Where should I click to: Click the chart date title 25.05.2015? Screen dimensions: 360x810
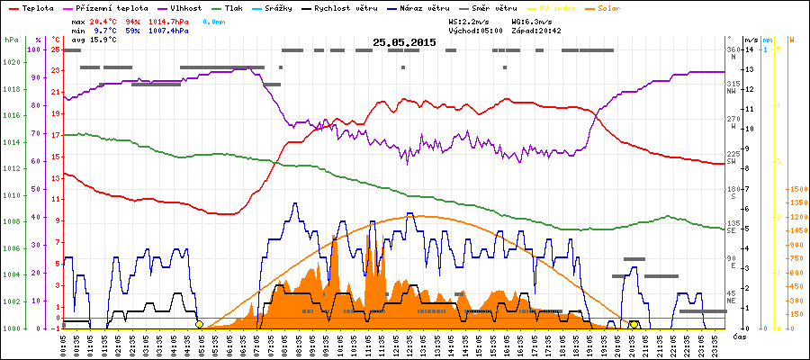(404, 42)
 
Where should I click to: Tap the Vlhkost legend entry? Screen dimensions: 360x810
(186, 7)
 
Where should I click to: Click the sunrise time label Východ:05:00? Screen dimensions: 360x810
(474, 30)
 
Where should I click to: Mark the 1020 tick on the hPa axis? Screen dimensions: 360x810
(11, 62)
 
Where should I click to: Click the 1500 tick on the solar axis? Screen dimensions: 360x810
(796, 189)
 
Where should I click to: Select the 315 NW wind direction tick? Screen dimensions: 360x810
(733, 86)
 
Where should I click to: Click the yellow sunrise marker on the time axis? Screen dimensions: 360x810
(199, 324)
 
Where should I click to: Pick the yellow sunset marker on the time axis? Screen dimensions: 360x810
(634, 324)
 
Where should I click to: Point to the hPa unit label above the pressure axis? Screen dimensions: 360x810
(11, 40)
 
